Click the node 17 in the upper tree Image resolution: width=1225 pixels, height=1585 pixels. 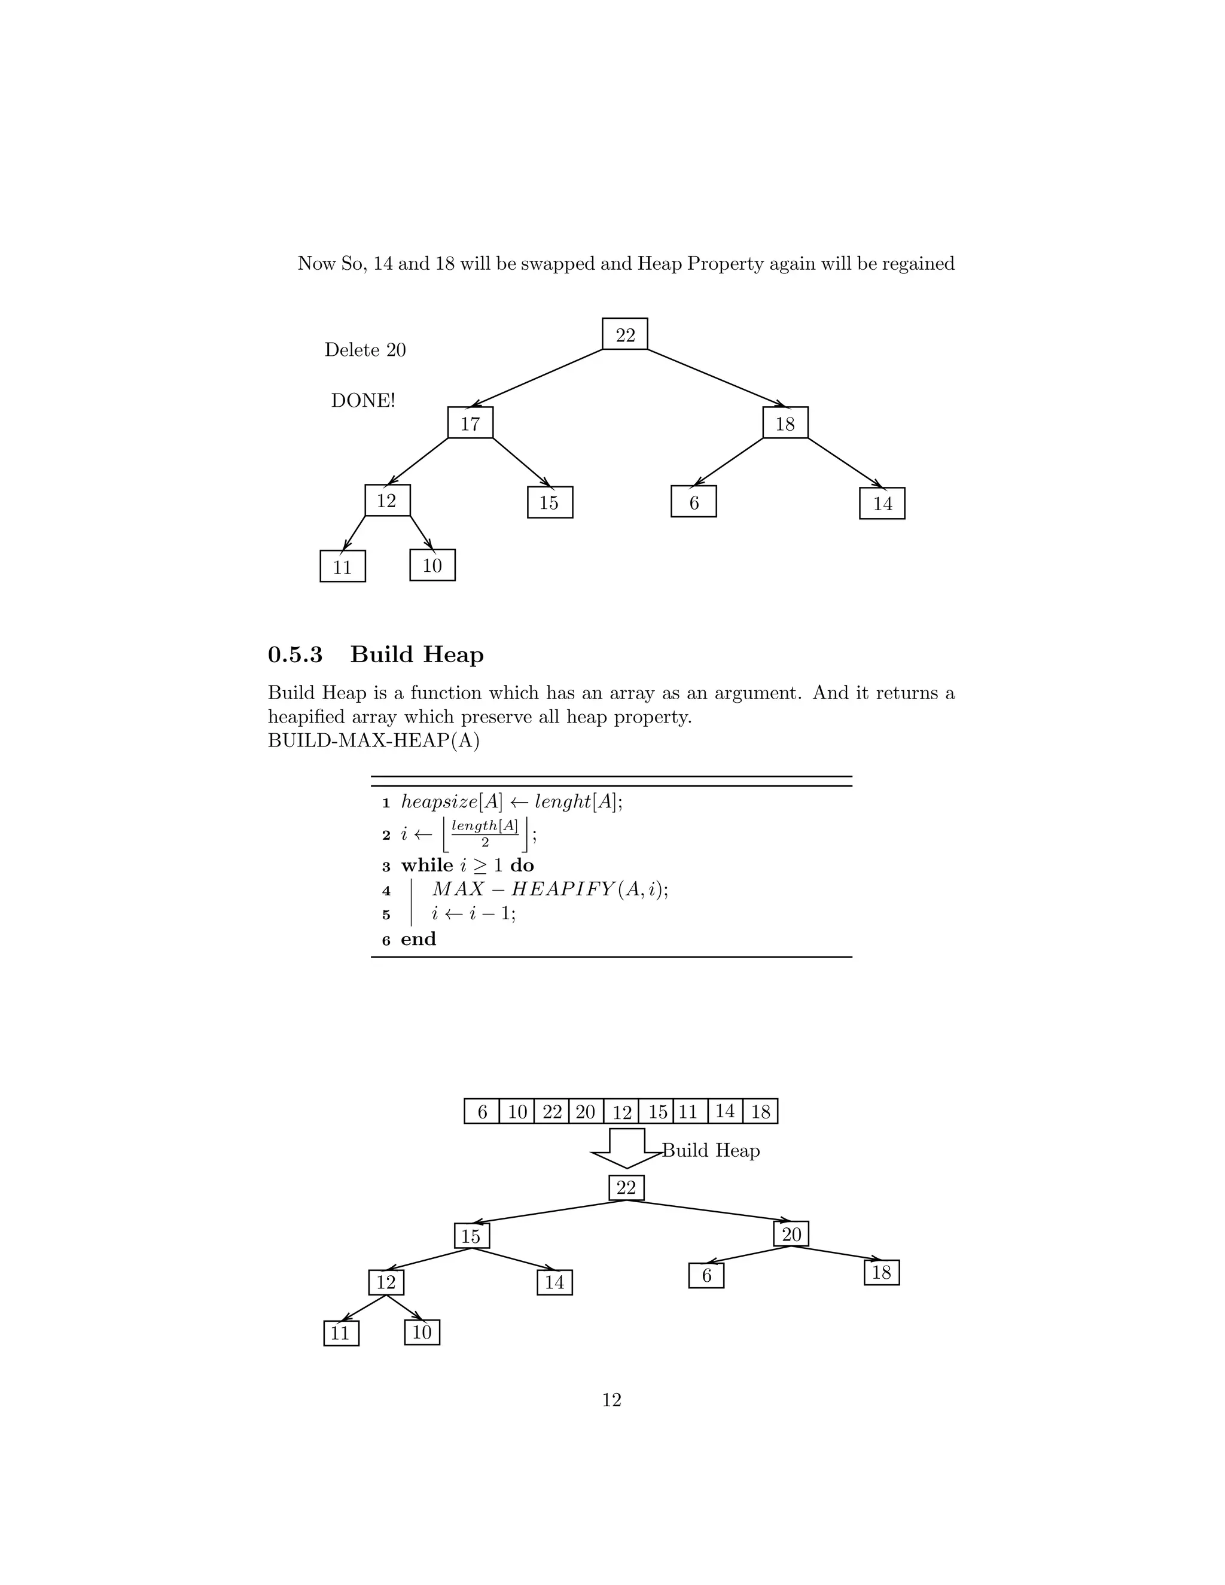coord(470,422)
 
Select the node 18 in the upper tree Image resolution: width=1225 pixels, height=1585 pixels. coord(785,422)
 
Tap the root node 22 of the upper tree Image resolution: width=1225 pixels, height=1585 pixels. coord(625,334)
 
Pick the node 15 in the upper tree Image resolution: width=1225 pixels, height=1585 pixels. coord(549,502)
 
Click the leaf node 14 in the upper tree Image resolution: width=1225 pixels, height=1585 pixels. coord(882,503)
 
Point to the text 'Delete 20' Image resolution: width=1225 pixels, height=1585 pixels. coord(365,350)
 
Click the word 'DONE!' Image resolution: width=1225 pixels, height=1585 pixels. coord(363,401)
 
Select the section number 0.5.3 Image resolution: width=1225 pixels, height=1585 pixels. coord(295,654)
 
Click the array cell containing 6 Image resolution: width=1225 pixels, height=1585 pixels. coord(482,1111)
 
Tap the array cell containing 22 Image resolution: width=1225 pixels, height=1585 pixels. coord(551,1111)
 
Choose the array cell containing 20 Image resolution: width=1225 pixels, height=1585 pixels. coord(586,1111)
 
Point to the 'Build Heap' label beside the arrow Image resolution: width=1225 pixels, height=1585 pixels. coord(711,1150)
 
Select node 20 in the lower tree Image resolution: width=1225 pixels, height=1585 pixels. coord(791,1234)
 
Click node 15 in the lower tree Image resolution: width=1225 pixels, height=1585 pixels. coord(472,1236)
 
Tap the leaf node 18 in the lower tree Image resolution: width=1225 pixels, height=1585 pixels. coord(881,1272)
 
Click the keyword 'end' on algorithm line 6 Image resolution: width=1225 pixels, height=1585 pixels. coord(418,939)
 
